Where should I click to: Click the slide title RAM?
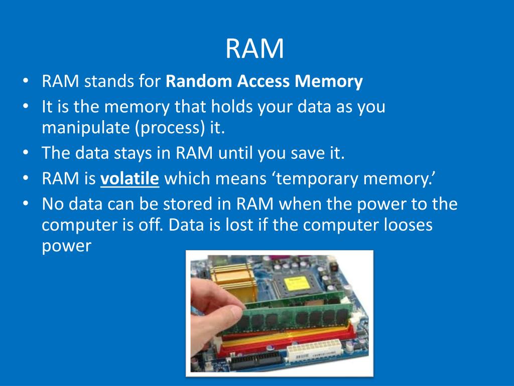click(254, 49)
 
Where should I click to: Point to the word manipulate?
click(85, 128)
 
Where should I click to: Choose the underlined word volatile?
click(130, 178)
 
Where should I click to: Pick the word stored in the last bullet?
click(195, 204)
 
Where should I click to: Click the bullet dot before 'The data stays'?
click(25, 153)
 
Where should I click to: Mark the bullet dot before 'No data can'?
click(25, 205)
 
